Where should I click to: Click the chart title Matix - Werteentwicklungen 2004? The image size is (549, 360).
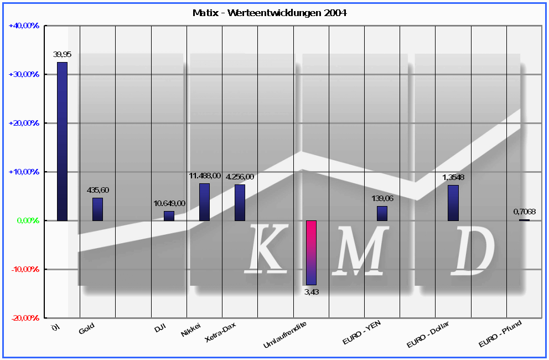coord(270,12)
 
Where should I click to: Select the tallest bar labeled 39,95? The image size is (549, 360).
coord(62,141)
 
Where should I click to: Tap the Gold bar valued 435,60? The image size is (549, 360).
coord(97,209)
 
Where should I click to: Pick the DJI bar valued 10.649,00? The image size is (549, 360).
coord(169,216)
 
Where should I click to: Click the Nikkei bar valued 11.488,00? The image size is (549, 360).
coord(204,202)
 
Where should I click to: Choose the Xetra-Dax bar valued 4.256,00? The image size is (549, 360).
coord(240,203)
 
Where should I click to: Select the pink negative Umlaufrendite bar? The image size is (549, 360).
coord(311,253)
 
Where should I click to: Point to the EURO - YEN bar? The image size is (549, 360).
coord(382,213)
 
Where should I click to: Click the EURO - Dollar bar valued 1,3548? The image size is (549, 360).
coord(453,203)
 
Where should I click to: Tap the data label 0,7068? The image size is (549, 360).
coord(525,212)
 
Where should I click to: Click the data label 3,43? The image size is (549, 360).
coord(312,292)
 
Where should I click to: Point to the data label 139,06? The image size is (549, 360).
coord(382,198)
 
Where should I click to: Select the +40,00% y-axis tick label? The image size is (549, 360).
coord(24,25)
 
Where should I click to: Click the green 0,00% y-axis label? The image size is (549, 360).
coord(25,220)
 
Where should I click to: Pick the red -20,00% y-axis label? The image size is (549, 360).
coord(24,318)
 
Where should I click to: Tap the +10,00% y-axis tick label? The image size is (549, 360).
coord(24,172)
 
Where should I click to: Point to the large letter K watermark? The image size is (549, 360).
coord(266,248)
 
